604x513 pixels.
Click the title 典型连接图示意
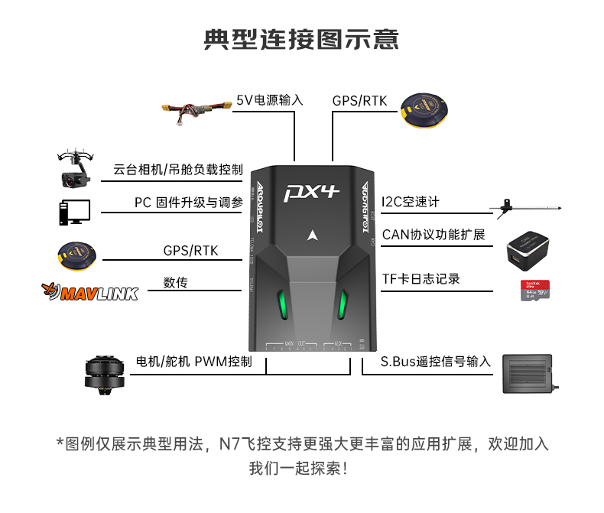point(301,39)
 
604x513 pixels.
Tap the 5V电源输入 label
point(270,100)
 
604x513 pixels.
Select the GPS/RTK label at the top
point(359,100)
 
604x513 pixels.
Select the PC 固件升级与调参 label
point(188,203)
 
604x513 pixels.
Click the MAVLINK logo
point(89,291)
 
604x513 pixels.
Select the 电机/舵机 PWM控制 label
point(193,362)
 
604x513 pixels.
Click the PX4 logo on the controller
point(311,191)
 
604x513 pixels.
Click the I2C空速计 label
point(411,202)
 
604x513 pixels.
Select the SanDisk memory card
point(536,290)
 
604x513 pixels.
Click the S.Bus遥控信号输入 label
point(436,362)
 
